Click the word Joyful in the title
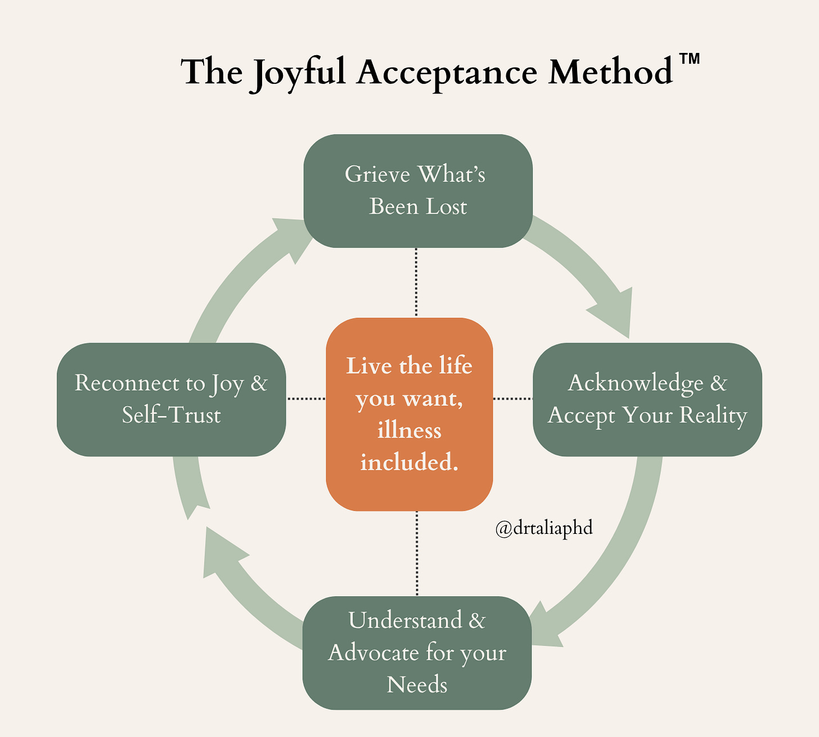[298, 73]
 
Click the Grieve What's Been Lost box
[418, 191]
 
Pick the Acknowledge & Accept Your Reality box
[647, 399]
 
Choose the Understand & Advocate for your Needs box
[417, 653]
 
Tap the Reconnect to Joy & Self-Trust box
[171, 399]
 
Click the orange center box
[409, 414]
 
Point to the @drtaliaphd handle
[544, 528]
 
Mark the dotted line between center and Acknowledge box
[512, 399]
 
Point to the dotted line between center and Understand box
[417, 554]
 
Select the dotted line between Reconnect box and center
[306, 399]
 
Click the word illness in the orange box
[409, 430]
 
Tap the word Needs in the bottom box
[417, 685]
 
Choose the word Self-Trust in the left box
[171, 415]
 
